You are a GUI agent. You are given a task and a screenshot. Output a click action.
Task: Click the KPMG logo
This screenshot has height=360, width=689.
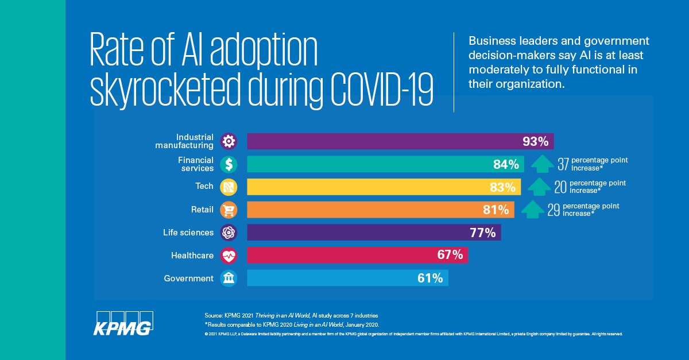(x=124, y=323)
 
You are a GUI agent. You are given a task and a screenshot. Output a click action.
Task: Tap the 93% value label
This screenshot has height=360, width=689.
(x=535, y=142)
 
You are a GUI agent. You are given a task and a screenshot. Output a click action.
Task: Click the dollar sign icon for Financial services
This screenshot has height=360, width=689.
(x=229, y=164)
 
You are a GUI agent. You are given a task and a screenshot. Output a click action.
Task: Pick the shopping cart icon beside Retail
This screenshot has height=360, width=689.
(x=229, y=210)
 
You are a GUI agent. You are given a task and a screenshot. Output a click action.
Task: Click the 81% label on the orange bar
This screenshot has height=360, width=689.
(x=496, y=210)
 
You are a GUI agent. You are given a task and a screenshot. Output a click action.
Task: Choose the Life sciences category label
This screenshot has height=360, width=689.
(x=188, y=233)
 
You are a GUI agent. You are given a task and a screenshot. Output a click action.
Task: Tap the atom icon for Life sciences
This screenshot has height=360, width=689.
(x=229, y=233)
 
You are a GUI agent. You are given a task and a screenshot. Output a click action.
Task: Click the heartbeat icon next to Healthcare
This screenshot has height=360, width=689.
(x=229, y=256)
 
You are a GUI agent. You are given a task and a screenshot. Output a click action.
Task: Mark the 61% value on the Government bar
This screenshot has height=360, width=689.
(x=430, y=278)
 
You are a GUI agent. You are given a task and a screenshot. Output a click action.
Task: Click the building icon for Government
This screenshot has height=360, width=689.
(x=229, y=278)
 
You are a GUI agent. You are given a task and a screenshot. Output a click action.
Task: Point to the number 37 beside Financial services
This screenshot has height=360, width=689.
(x=563, y=165)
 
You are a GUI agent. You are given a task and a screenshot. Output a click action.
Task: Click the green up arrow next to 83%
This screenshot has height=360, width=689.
(x=538, y=187)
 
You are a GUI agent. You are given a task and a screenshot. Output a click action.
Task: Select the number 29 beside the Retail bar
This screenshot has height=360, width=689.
(x=553, y=210)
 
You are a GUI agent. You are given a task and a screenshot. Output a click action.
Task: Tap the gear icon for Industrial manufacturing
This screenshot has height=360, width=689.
(x=229, y=141)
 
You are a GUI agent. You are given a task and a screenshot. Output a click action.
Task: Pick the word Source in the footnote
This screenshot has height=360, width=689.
(x=214, y=316)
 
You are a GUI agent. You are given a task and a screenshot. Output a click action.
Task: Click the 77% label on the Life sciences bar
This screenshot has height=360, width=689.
(x=482, y=233)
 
